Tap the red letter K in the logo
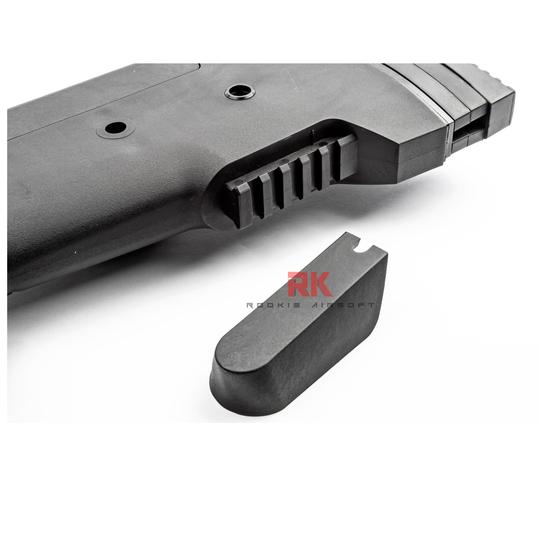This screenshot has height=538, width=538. pos(321,284)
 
